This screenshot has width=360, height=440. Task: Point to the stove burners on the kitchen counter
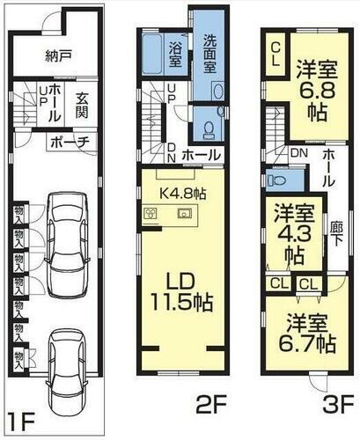[151, 214]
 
